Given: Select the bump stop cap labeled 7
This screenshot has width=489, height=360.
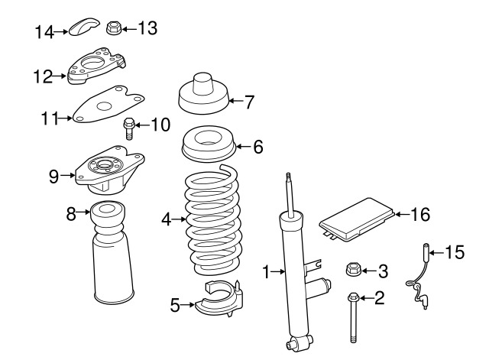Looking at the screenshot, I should click(202, 93).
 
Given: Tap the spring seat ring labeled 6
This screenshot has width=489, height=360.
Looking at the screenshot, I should click(209, 145).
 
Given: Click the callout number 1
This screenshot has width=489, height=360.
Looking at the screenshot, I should click(267, 271).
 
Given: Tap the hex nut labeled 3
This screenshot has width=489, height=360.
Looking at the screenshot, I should click(353, 270).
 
